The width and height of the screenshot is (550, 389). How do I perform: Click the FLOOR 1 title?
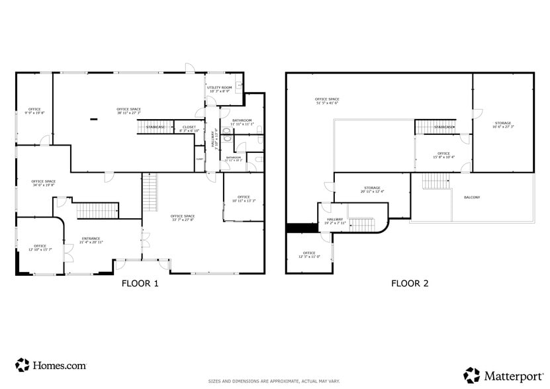coord(140,284)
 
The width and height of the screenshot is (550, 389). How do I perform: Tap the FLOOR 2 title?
coord(410,284)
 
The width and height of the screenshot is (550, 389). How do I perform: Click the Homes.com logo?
coord(51,365)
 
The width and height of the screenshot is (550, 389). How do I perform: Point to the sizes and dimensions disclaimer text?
coord(274,381)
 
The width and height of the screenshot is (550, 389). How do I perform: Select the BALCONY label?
coord(472,197)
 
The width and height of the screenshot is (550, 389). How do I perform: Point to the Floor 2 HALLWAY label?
coord(333,221)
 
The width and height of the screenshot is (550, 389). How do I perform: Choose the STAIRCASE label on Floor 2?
coord(444,127)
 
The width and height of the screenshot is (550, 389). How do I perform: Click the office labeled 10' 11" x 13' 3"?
coord(244,198)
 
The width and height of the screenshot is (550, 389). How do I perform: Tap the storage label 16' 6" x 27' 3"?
coord(503,125)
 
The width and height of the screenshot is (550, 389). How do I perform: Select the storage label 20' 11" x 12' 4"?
coord(372,189)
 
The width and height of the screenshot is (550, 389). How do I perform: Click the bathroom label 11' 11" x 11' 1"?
coord(242,122)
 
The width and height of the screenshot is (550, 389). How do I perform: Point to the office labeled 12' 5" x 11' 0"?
coord(309,255)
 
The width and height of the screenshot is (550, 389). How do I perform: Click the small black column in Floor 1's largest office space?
coord(93,119)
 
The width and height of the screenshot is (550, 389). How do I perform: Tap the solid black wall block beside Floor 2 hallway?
coord(302,228)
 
